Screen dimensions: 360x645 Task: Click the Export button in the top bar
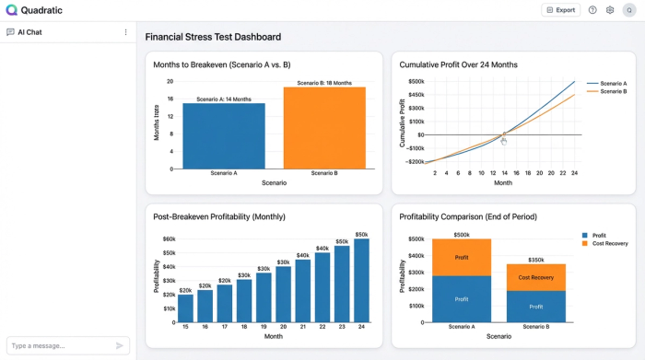560,10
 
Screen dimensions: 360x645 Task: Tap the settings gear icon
609,10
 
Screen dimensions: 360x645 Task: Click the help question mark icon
592,10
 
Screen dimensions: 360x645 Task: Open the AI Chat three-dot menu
126,32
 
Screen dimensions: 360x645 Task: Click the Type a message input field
60,345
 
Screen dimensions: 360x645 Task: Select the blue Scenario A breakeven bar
223,135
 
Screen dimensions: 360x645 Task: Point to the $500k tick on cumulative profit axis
416,81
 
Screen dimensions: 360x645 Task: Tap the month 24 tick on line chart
574,173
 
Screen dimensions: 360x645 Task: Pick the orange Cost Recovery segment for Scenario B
535,277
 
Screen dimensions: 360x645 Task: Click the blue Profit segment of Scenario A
461,298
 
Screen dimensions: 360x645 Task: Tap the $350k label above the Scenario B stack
535,260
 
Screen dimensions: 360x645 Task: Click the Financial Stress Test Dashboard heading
213,37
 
